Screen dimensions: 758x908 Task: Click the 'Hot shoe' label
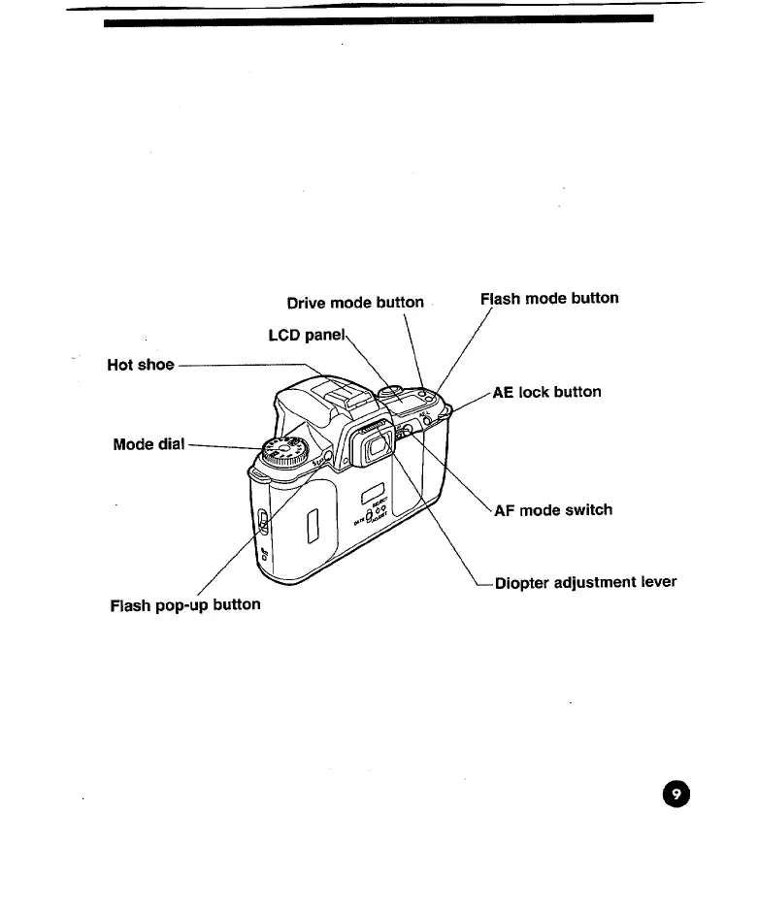point(141,366)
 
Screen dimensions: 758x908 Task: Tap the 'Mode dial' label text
point(148,444)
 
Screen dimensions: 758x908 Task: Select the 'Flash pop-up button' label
point(184,604)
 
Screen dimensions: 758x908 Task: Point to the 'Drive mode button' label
point(355,302)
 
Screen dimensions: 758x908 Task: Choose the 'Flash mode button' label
point(549,298)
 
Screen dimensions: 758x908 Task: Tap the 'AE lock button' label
point(546,392)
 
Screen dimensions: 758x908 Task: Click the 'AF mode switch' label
point(553,509)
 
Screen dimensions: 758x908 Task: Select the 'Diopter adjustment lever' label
point(585,583)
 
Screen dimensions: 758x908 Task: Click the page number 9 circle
point(677,794)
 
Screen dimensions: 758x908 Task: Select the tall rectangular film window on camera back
point(313,530)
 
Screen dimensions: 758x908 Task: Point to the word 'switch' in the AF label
point(591,509)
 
